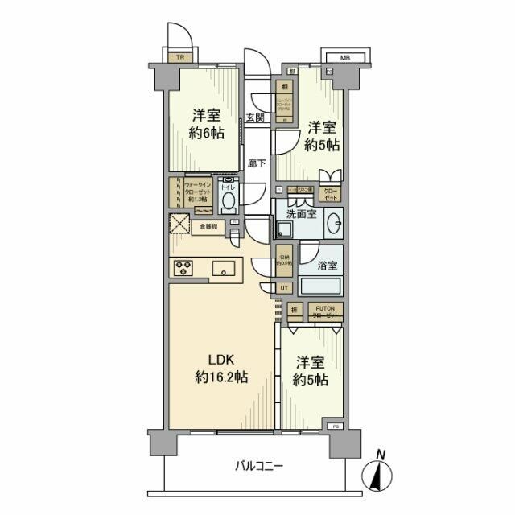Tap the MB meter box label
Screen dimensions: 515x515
344,57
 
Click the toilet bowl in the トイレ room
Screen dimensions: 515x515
229,200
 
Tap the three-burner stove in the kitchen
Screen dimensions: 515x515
183,268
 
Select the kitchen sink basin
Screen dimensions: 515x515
224,268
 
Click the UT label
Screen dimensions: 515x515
285,287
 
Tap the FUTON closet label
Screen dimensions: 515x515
325,309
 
